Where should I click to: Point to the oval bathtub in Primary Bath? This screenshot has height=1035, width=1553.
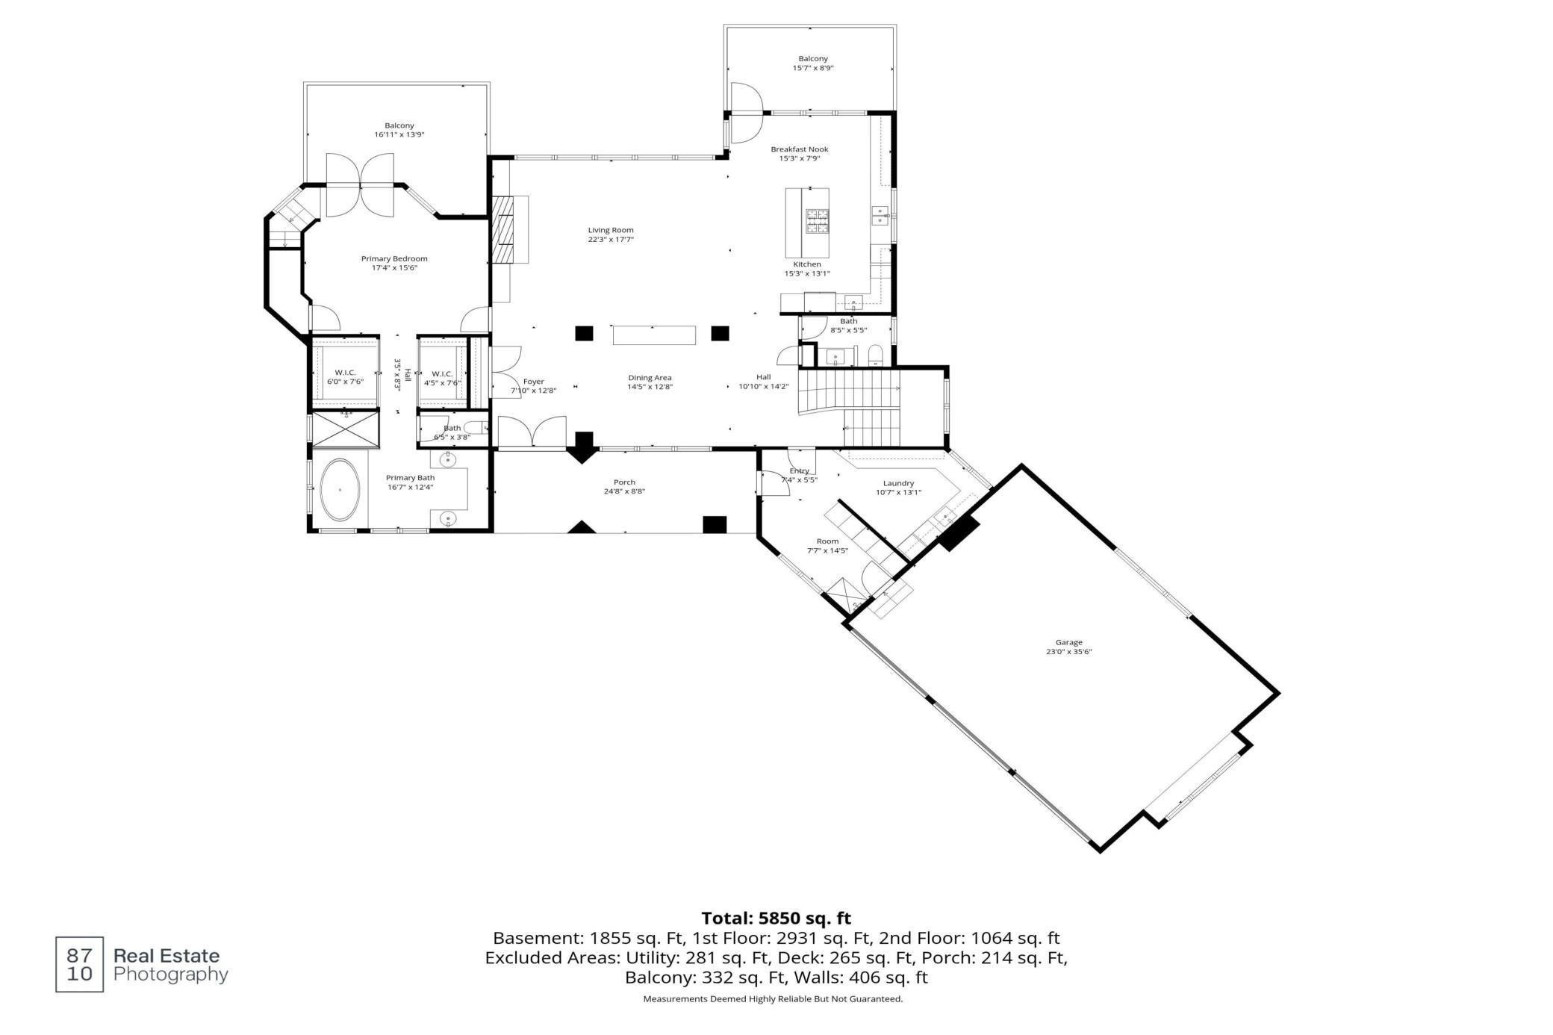pyautogui.click(x=340, y=490)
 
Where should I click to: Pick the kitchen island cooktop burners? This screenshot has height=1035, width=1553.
pyautogui.click(x=817, y=222)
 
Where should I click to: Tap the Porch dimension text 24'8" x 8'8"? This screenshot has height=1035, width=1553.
pyautogui.click(x=624, y=491)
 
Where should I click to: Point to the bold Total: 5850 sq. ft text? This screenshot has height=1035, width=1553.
pyautogui.click(x=776, y=919)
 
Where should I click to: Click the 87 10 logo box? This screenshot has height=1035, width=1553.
pyautogui.click(x=80, y=964)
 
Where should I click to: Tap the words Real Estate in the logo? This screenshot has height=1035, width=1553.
pyautogui.click(x=166, y=956)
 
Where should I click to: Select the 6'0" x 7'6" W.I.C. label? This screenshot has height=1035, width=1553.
pyautogui.click(x=345, y=377)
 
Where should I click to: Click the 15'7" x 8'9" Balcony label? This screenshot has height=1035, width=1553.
pyautogui.click(x=813, y=63)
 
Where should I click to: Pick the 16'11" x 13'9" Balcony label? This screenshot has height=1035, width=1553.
pyautogui.click(x=399, y=130)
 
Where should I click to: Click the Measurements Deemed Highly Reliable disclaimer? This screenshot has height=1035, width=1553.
pyautogui.click(x=773, y=999)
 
